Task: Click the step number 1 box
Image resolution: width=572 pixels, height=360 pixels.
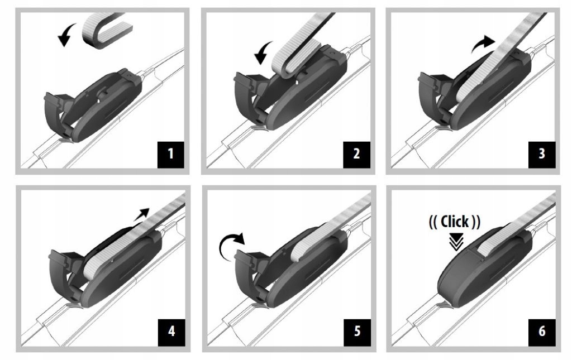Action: [171, 155]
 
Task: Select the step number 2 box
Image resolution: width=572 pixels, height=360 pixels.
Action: [356, 155]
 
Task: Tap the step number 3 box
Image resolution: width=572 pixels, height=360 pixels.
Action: [542, 155]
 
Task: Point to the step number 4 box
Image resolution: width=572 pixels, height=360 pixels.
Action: [171, 332]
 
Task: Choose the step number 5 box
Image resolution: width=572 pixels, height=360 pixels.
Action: [357, 332]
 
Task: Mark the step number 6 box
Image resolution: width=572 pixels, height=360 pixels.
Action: [542, 332]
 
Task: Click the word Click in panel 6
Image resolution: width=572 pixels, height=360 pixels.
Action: [455, 222]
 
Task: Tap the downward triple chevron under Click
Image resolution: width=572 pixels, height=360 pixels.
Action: [456, 241]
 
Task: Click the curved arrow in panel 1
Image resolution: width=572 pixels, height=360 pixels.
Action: [66, 33]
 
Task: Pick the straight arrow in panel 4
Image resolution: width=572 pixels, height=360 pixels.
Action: [141, 214]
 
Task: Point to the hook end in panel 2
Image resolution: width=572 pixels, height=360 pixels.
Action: [292, 62]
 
